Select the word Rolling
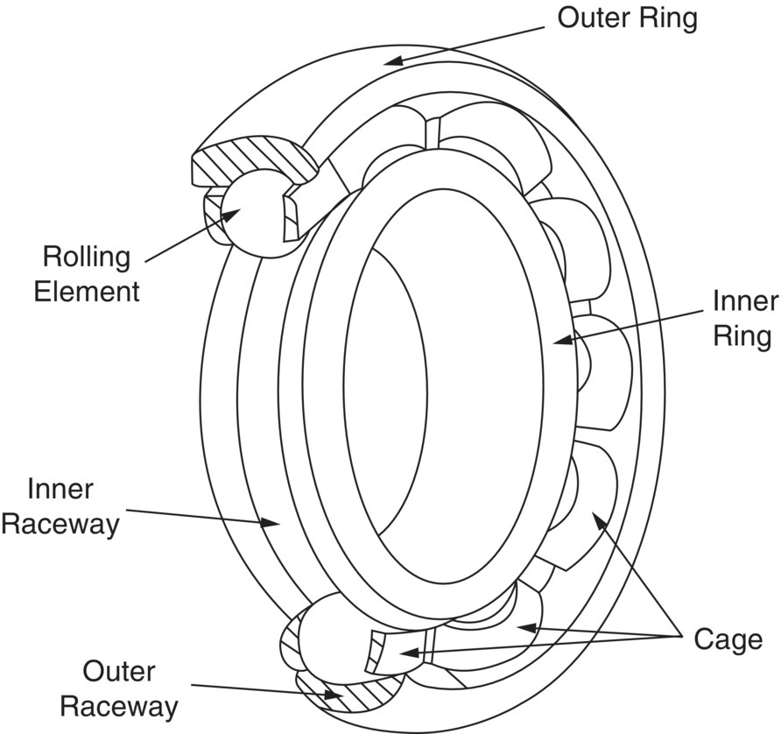coord(87,258)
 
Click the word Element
coord(87,291)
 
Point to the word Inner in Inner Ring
coord(745,302)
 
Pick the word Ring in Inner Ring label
coord(742,335)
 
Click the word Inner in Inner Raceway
coord(60,489)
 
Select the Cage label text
coord(728,639)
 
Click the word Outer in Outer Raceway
coord(119,672)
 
